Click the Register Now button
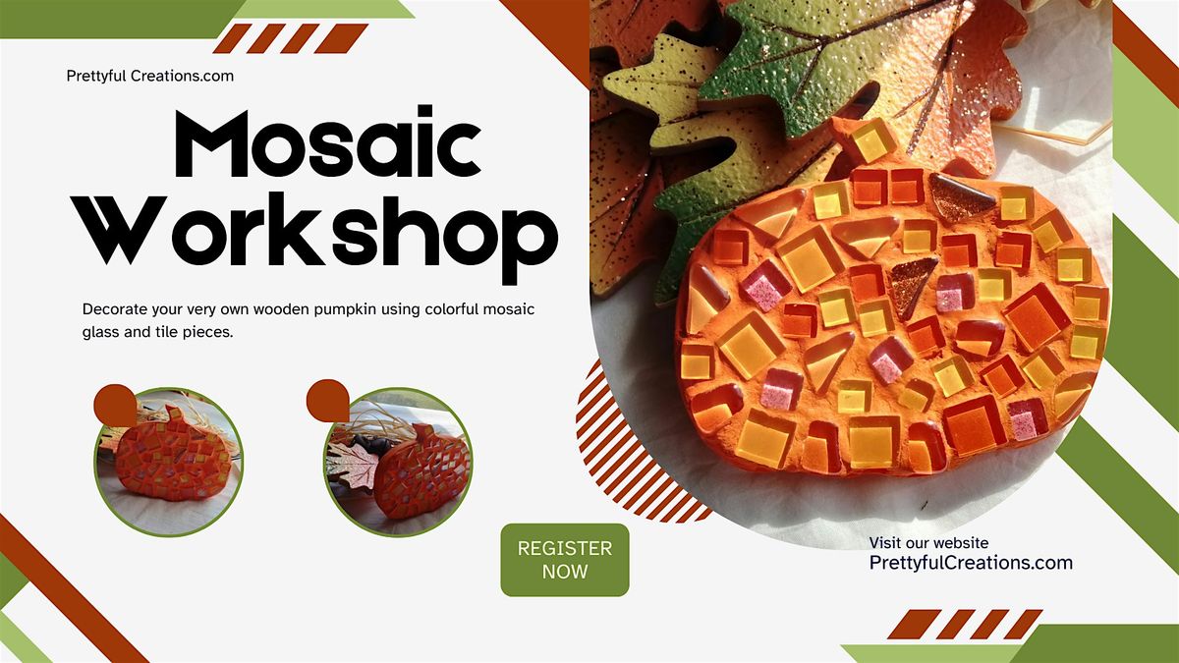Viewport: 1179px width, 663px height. coord(565,560)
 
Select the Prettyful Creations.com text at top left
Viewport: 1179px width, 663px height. coord(150,76)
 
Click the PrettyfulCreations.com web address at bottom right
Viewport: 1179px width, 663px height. coord(971,563)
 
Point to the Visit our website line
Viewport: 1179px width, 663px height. coord(928,542)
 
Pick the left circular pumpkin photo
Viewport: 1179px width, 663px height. coord(168,463)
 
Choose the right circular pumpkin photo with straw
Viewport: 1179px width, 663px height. coord(398,463)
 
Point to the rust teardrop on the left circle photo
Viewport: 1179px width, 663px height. coord(116,403)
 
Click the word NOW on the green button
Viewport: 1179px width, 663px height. coord(565,572)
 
